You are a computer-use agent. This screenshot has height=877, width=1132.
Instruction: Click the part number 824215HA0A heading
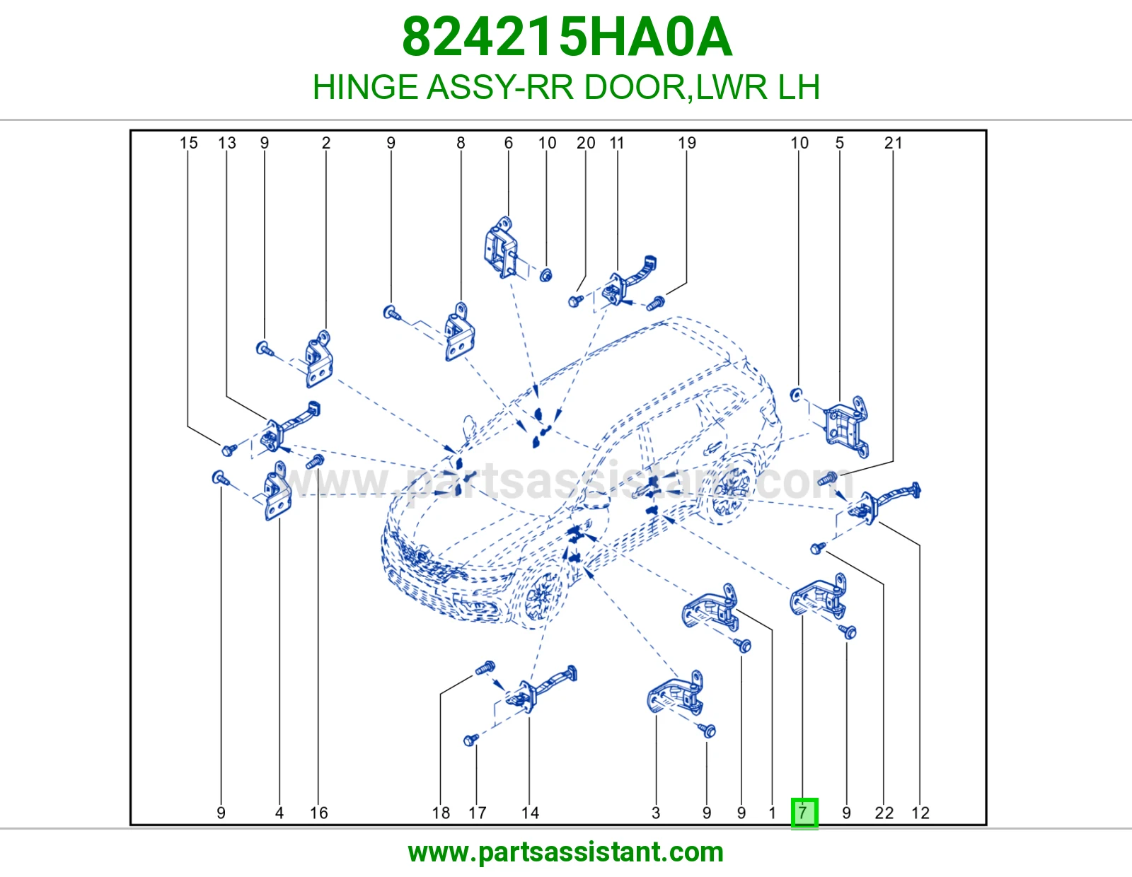pos(567,37)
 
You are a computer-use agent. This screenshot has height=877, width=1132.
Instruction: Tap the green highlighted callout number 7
pos(804,813)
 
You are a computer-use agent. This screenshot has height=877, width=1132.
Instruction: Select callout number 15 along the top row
pos(189,143)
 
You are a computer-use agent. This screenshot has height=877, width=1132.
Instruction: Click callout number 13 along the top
pos(226,143)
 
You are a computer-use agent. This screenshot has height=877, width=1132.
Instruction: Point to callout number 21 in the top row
pos(893,143)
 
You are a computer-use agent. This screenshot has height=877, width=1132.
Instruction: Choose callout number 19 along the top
pos(686,143)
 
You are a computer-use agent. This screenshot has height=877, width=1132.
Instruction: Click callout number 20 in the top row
pos(586,143)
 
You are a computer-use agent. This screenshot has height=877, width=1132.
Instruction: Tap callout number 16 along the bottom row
pos(319,813)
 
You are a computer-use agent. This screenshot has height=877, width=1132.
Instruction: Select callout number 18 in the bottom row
pos(441,813)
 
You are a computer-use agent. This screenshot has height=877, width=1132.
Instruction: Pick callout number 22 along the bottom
pos(884,813)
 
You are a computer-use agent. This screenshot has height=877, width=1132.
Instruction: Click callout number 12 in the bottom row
pos(920,813)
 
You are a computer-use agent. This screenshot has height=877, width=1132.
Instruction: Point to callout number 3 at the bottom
pos(656,813)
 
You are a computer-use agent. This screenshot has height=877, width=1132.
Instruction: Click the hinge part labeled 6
pos(501,248)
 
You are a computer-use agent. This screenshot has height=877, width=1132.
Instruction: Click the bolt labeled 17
pos(471,740)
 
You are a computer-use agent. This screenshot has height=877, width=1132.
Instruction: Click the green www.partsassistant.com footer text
pos(566,852)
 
